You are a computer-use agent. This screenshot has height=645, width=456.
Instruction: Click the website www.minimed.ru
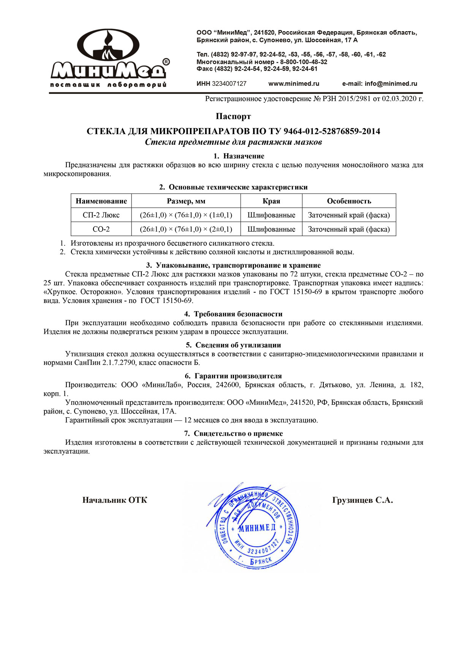294,84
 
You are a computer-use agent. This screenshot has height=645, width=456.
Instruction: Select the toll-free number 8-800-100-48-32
304,62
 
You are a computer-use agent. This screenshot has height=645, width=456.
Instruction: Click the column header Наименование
101,201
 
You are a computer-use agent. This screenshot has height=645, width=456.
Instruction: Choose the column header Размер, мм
186,201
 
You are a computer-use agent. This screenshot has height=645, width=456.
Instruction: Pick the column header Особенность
349,201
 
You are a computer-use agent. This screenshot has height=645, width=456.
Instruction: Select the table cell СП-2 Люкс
101,215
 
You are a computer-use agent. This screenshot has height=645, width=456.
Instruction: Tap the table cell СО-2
101,229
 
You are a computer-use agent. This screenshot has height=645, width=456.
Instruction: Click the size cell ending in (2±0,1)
186,229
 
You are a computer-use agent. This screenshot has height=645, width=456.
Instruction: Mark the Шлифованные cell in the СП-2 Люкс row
271,215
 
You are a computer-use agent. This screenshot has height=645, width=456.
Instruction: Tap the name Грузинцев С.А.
362,500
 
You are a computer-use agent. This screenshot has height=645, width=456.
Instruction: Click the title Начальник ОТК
115,500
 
